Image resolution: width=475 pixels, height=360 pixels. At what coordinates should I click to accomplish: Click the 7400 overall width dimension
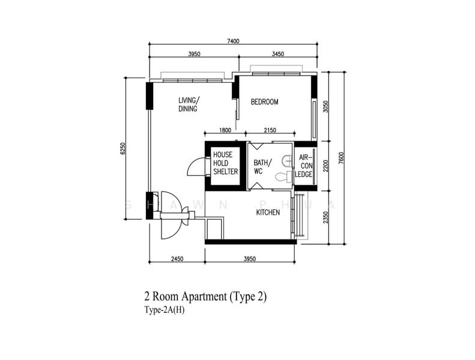(233, 41)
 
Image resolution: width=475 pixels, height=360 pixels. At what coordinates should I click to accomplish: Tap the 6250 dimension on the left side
(123, 148)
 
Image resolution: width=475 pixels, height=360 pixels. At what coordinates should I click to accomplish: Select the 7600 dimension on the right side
(342, 158)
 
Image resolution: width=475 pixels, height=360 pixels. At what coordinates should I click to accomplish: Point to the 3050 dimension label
(325, 107)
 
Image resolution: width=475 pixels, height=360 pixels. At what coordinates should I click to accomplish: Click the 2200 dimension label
(325, 166)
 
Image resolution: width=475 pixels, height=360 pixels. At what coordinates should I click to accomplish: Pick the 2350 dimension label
(325, 217)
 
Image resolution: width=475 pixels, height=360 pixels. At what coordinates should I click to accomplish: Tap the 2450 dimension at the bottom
(177, 259)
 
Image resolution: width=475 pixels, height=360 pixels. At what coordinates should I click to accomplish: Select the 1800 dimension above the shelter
(225, 130)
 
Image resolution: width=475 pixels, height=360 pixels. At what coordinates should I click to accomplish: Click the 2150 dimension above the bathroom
(270, 130)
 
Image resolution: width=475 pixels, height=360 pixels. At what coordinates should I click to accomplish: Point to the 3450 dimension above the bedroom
(278, 54)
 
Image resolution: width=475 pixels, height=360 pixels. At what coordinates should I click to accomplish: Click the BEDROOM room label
(264, 102)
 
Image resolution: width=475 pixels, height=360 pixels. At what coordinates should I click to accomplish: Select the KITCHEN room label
(268, 212)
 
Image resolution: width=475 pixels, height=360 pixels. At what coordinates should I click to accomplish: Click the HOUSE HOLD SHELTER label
(225, 163)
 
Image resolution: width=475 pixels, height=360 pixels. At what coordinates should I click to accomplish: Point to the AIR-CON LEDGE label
(304, 166)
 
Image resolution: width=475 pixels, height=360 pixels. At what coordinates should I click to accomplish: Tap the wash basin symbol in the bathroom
(286, 161)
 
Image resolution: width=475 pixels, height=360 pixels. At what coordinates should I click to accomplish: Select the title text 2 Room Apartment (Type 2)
(206, 296)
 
